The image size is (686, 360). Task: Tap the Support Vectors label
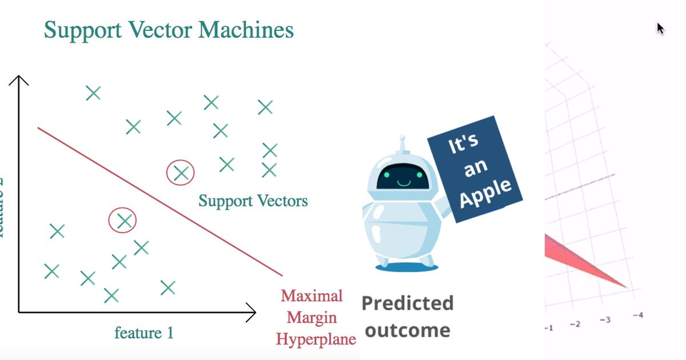[253, 201]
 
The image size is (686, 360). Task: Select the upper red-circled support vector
[181, 172]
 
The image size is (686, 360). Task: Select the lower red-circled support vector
[123, 220]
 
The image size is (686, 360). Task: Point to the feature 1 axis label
[143, 333]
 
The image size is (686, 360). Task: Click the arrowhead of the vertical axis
[19, 80]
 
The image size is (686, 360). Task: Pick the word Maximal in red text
[312, 296]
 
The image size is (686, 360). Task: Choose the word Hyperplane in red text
[316, 339]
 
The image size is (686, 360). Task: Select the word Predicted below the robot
[407, 303]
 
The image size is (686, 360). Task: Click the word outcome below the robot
[407, 330]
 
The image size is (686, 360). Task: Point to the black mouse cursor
[661, 29]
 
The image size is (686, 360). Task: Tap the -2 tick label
[575, 323]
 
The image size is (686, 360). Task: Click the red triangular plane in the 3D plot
[577, 257]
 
